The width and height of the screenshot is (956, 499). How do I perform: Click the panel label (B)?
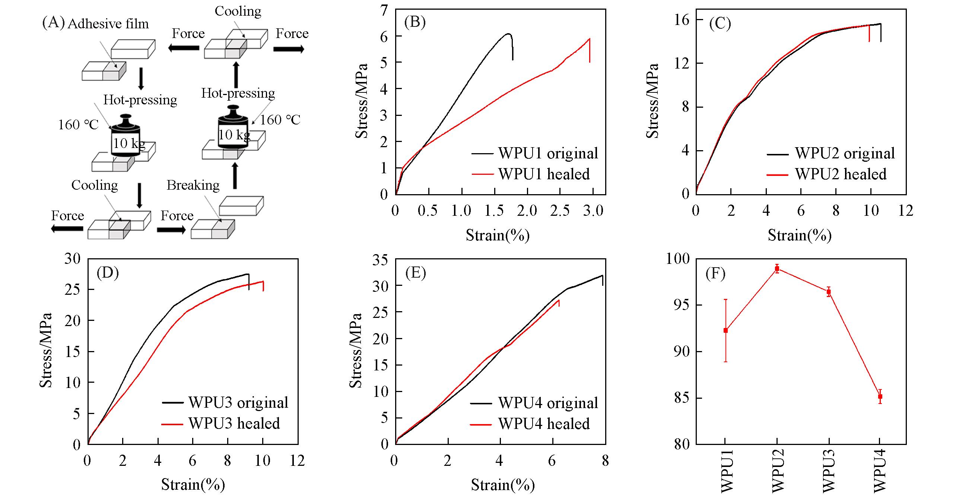(415, 23)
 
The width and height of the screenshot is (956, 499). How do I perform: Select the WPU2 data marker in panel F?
(777, 268)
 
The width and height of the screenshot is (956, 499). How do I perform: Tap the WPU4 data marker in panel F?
(880, 397)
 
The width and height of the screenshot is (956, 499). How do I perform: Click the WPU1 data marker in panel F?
(725, 330)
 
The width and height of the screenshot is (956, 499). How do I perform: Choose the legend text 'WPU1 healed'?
(544, 174)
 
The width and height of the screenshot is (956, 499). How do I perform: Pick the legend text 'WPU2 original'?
(845, 153)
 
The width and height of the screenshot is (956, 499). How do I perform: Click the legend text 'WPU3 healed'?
(234, 423)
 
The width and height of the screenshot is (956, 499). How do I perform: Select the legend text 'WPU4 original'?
(548, 403)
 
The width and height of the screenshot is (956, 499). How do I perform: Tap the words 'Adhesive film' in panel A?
(108, 24)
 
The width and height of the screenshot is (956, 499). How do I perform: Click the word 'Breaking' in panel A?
(193, 185)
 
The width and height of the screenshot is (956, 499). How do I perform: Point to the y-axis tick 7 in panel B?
(384, 10)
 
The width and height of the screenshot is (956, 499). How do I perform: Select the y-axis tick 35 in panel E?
(380, 259)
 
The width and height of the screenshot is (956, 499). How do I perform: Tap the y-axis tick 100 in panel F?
(677, 259)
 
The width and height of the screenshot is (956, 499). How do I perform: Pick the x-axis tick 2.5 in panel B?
(560, 211)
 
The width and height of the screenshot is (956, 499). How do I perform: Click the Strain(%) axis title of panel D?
(193, 484)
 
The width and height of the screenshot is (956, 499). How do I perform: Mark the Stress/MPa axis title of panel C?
(652, 101)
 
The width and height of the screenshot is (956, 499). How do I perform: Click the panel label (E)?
(415, 273)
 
